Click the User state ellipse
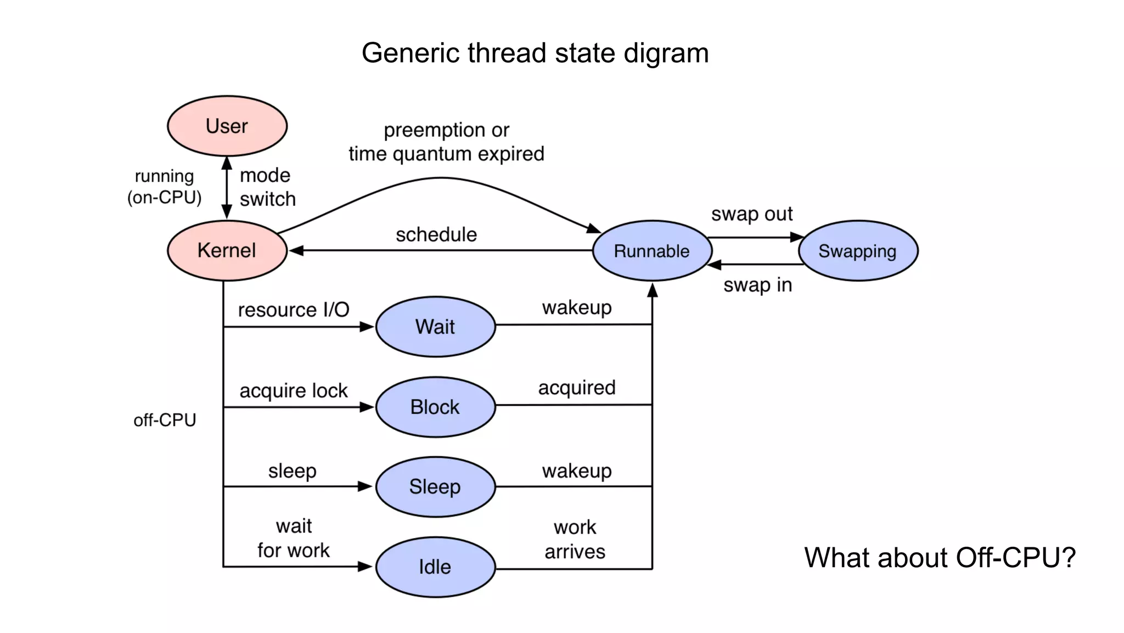[227, 126]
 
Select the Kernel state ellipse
[227, 250]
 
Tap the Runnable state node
[652, 251]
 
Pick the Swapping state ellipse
[857, 251]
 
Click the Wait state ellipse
[435, 327]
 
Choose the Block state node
[435, 407]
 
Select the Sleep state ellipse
[435, 486]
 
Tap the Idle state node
[435, 567]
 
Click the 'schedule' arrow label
[436, 234]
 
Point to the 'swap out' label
[752, 214]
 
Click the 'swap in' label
[757, 285]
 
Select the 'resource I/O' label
[294, 310]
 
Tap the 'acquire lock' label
[294, 390]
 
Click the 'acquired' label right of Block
[577, 388]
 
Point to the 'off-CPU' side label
[165, 420]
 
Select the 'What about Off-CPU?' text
[940, 557]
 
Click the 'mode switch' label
[267, 187]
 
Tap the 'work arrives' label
[575, 539]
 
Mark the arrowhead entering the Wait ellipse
[367, 327]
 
